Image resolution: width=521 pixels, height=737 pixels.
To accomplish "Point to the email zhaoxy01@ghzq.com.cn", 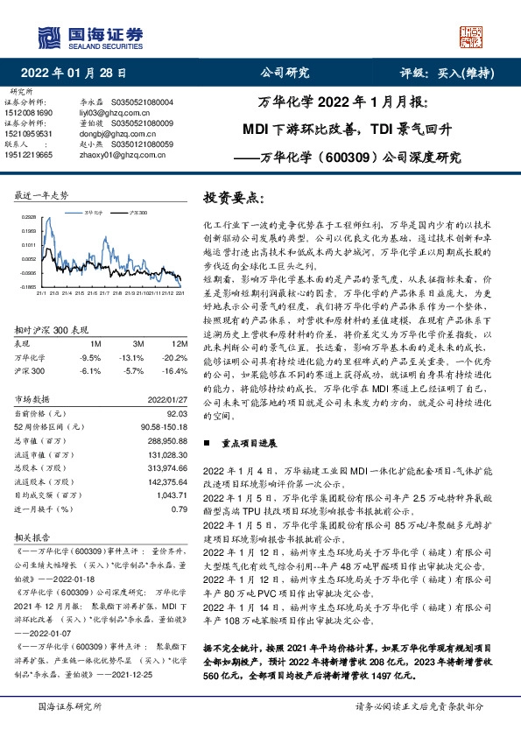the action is coord(119,153).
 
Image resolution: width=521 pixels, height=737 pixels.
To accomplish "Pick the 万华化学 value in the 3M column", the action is coord(131,357).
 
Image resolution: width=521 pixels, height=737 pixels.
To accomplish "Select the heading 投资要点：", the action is coord(233,199).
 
